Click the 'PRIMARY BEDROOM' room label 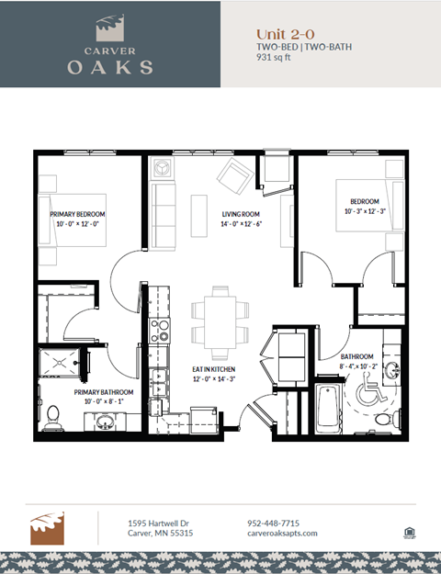point(75,214)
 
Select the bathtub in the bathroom point(327,411)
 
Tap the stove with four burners point(160,329)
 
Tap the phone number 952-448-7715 point(273,523)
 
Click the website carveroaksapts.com point(282,534)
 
